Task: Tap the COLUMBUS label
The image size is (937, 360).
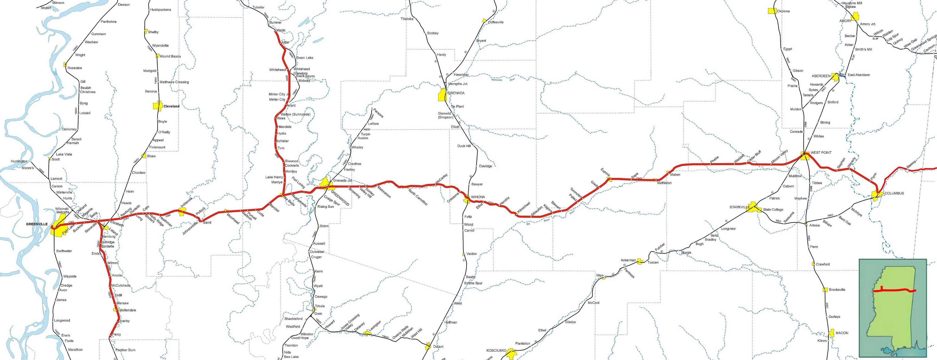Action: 894,193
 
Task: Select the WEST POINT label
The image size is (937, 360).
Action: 821,152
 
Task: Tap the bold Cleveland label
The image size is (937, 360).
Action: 171,106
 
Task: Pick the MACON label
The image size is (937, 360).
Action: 842,333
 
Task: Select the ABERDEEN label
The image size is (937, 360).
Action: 821,76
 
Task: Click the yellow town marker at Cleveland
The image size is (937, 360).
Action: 157,106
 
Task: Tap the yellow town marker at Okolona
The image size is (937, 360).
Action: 771,11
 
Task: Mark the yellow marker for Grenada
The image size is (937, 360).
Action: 442,95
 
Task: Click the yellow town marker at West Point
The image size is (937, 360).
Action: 805,155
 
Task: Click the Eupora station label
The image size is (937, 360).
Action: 605,172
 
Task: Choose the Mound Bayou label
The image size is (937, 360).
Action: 170,56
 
